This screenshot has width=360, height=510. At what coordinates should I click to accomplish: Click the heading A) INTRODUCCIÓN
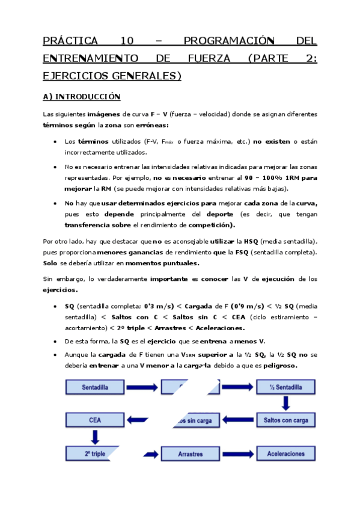(82, 96)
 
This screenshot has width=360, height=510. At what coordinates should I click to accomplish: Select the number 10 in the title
(127, 41)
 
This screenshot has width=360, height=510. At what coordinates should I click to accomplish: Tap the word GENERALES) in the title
(147, 76)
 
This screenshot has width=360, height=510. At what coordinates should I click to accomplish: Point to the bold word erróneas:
(152, 125)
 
